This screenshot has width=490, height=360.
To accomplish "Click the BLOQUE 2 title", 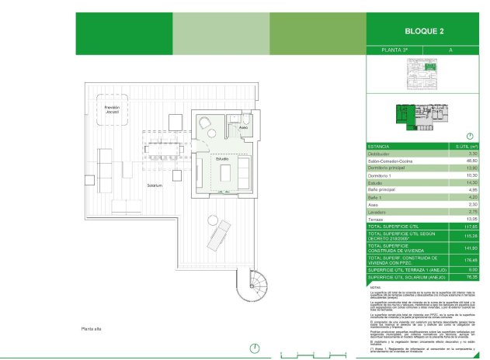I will pyautogui.click(x=425, y=32).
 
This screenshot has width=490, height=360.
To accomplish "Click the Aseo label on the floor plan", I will pyautogui.click(x=243, y=127).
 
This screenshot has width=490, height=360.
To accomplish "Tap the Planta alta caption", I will pyautogui.click(x=93, y=330).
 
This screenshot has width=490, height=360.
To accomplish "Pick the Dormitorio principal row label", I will pyautogui.click(x=390, y=168).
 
